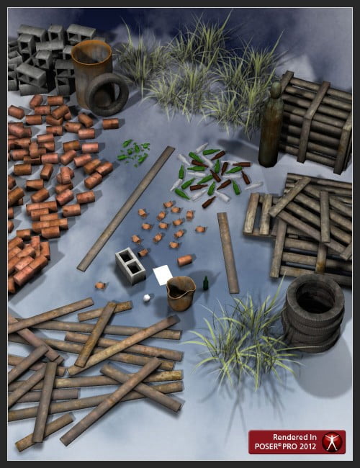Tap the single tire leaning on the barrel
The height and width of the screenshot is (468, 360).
(107, 94)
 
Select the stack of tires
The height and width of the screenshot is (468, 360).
(313, 313)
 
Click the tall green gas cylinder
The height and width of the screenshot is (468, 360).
(271, 125)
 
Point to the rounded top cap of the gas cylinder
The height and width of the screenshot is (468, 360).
(276, 88)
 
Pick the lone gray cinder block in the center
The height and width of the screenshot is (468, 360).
(130, 266)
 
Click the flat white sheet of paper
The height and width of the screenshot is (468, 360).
(163, 275)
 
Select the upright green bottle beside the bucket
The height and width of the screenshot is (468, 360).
(206, 283)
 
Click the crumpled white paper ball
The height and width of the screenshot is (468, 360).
(146, 298)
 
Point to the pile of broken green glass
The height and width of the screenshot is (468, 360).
(133, 152)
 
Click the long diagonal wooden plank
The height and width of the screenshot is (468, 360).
(126, 209)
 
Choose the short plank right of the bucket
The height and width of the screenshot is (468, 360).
(228, 253)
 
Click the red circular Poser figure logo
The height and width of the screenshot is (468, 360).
(332, 442)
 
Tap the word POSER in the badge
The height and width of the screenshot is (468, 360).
(267, 446)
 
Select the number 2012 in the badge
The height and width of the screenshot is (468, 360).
(307, 446)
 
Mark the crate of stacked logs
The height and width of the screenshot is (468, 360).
(316, 122)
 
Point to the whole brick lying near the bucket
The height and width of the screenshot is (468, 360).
(185, 260)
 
